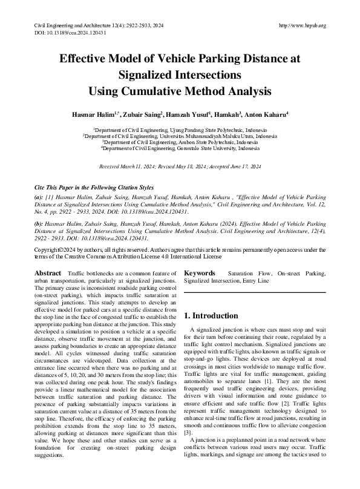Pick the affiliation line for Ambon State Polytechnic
[180, 142]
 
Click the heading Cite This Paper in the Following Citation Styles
[94, 188]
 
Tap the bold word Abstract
[48, 274]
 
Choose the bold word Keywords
[201, 274]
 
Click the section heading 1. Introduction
[211, 316]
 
